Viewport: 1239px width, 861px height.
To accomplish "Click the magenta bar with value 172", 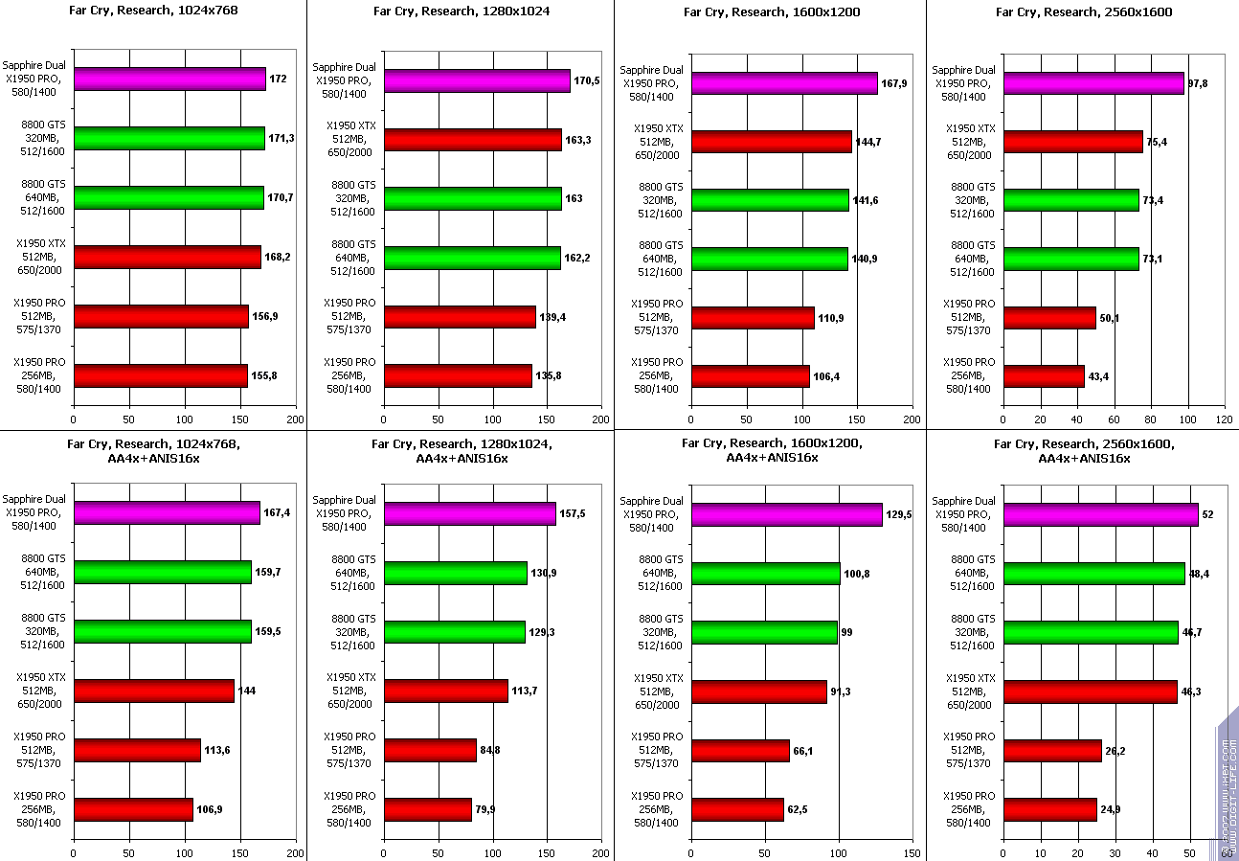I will pos(169,79).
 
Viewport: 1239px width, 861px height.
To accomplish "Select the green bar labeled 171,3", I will pos(169,138).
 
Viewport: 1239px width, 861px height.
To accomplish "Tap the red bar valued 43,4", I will pos(1043,376).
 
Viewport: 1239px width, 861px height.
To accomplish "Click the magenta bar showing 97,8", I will pos(1093,83).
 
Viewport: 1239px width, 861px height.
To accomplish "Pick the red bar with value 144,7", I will pos(771,142).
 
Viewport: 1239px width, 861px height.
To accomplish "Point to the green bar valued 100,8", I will pos(765,574).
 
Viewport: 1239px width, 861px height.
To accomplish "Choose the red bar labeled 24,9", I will pos(1049,809).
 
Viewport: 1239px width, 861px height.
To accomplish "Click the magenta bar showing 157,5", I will pos(469,513).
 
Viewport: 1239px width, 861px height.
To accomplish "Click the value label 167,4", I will pos(277,513).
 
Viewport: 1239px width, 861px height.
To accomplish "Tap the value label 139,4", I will pos(552,317).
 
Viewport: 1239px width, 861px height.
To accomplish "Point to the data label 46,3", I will pos(1194,691).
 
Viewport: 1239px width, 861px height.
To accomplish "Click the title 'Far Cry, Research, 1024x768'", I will pos(153,11).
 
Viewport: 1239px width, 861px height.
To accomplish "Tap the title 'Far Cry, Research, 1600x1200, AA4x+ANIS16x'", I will pos(772,450).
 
